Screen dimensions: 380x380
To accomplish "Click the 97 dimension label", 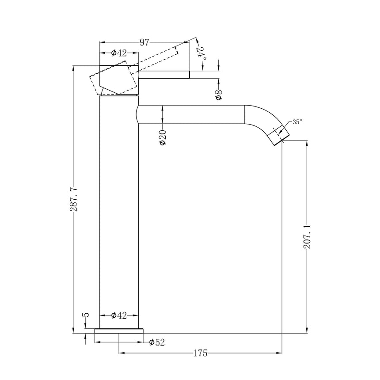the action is pyautogui.click(x=144, y=42).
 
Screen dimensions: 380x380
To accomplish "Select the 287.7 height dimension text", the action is pyautogui.click(x=73, y=199).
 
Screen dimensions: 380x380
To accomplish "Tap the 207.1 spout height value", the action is pyautogui.click(x=307, y=237).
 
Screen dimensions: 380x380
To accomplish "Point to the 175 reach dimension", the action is pyautogui.click(x=201, y=353).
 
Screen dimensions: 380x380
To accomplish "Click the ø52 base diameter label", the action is pyautogui.click(x=157, y=342).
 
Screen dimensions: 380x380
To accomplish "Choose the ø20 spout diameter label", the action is pyautogui.click(x=163, y=137).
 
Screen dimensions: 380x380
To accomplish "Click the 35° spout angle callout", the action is pyautogui.click(x=297, y=122).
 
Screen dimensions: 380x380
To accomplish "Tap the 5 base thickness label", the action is pyautogui.click(x=86, y=315).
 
